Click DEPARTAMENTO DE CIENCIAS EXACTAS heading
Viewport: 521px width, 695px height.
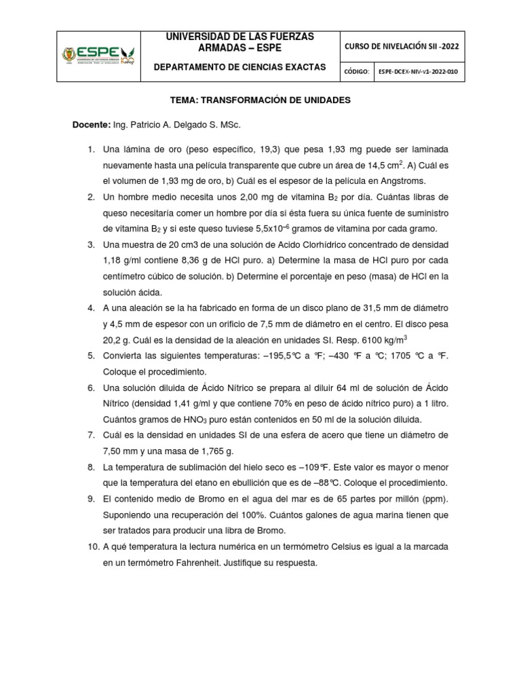pyautogui.click(x=240, y=67)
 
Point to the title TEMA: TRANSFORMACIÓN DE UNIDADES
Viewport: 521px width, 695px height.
pyautogui.click(x=260, y=100)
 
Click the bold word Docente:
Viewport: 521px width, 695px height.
pyautogui.click(x=91, y=126)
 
